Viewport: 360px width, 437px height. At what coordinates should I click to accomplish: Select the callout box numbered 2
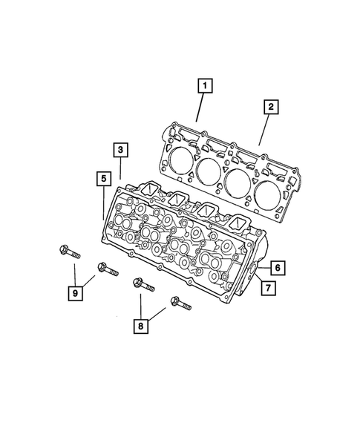271,108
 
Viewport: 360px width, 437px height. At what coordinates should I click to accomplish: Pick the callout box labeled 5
102,177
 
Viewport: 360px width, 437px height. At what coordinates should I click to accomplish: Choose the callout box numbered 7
266,287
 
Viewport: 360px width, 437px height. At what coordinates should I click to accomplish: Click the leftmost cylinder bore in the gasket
178,159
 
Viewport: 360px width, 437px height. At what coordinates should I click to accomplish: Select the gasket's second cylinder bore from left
209,171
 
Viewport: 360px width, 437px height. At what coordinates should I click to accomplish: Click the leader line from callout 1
199,108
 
